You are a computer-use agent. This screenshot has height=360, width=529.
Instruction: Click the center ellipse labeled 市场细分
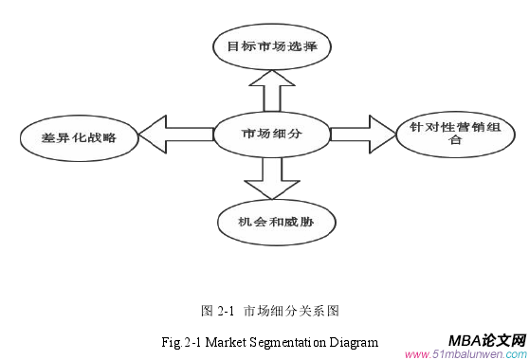270,132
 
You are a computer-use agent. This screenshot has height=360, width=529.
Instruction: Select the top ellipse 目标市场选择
271,45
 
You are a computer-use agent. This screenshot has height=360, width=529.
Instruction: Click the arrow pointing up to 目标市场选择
271,91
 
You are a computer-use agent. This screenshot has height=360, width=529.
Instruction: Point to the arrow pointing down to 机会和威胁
270,175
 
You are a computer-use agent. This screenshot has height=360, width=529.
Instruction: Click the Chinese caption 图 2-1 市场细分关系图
270,310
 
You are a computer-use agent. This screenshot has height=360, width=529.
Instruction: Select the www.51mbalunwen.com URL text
464,353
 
